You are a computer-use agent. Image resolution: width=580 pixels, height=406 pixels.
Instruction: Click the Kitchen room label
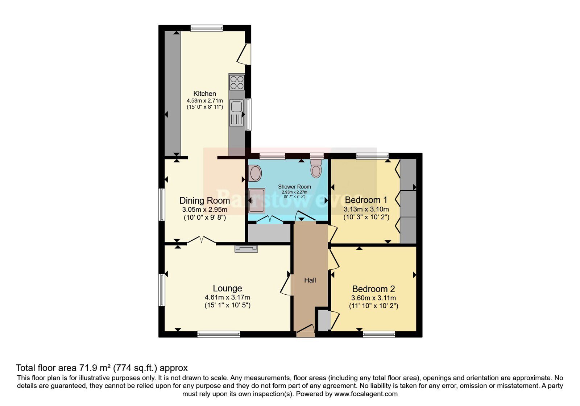click(x=204, y=94)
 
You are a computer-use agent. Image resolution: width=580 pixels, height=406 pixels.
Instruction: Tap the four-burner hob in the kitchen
click(x=237, y=82)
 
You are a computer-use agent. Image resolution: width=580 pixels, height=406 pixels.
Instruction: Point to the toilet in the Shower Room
click(x=316, y=168)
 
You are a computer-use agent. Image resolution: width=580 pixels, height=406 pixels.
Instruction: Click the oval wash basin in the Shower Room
click(x=255, y=173)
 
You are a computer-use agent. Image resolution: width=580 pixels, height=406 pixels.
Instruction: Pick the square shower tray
click(x=257, y=200)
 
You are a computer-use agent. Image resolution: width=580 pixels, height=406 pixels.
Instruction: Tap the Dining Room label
click(x=204, y=200)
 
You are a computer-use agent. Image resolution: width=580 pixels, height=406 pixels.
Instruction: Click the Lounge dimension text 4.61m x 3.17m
click(x=227, y=297)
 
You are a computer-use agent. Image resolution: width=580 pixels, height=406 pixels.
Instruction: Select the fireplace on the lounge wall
click(x=246, y=248)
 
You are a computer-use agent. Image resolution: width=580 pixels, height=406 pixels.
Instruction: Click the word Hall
click(x=310, y=280)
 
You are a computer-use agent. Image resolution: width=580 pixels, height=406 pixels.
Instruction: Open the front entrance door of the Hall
click(x=306, y=330)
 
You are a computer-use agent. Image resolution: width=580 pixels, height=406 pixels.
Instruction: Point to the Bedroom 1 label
click(x=366, y=200)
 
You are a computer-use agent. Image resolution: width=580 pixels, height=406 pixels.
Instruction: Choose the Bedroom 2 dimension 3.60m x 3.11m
click(x=373, y=298)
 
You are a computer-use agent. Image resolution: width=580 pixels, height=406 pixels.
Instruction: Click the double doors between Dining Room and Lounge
click(x=202, y=240)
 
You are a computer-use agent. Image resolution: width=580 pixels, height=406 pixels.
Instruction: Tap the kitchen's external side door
click(x=244, y=54)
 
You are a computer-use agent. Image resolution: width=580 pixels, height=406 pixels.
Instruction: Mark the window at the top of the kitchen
click(x=207, y=28)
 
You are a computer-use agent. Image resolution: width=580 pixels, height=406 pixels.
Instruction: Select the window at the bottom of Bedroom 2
click(x=379, y=334)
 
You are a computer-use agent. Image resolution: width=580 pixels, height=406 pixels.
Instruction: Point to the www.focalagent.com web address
click(x=366, y=394)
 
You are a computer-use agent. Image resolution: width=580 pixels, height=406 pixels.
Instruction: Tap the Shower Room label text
click(x=294, y=186)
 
